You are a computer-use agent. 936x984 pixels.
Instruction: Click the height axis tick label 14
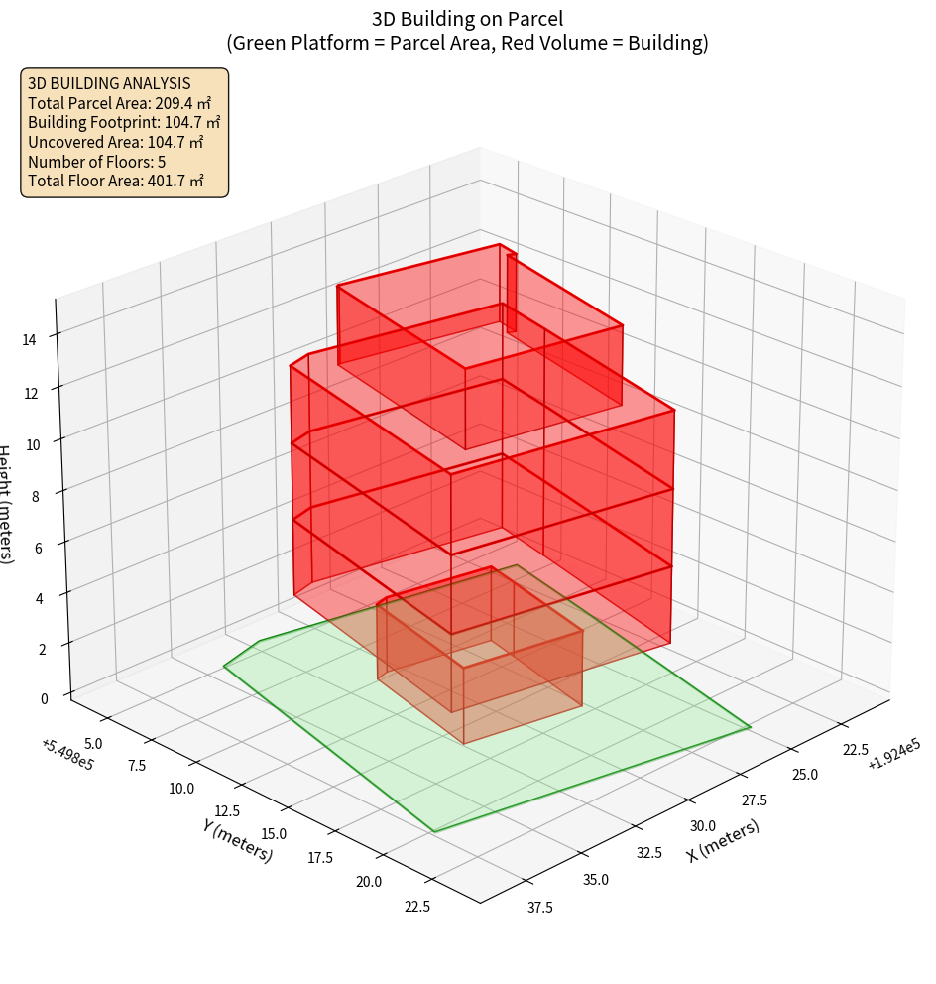point(29,339)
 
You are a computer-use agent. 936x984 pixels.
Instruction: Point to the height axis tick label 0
point(44,698)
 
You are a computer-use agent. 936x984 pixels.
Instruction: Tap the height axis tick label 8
point(35,496)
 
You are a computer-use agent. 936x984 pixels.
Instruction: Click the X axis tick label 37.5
point(539,907)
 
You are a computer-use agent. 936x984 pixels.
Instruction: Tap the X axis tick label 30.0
point(703,825)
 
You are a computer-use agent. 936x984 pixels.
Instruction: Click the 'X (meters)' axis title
point(724,840)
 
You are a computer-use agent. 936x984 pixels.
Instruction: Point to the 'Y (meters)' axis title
point(238,840)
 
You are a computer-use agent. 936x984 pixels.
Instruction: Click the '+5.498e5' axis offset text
point(67,754)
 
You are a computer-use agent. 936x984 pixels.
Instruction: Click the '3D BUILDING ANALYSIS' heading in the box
point(109,83)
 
